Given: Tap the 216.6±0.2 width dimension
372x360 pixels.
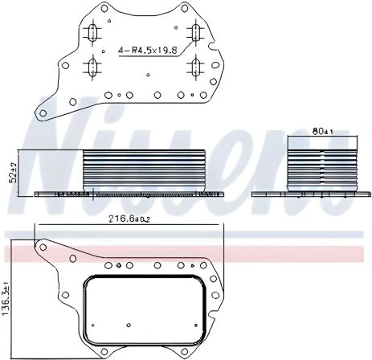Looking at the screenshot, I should (x=127, y=219).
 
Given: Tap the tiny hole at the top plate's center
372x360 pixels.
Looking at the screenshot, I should (x=147, y=77).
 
